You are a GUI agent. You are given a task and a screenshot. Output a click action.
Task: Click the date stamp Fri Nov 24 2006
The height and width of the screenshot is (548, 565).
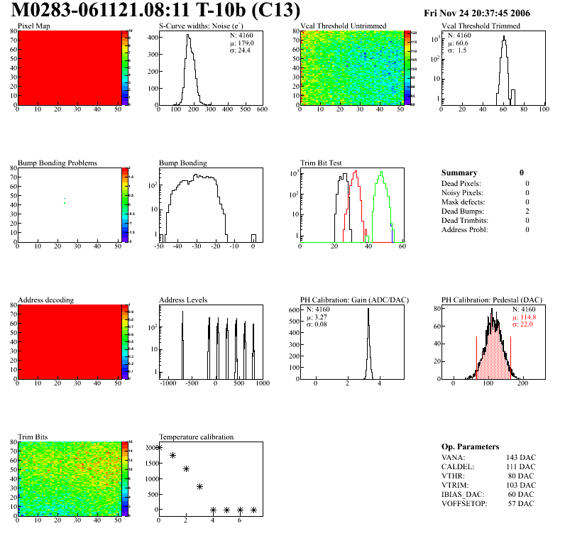click(476, 13)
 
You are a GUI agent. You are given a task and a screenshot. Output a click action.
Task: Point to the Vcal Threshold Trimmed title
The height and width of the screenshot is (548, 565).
click(481, 26)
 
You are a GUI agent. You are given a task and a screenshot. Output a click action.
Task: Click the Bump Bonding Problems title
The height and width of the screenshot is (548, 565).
click(57, 163)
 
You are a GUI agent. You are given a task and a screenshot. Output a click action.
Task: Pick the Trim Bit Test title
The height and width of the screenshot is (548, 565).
click(322, 163)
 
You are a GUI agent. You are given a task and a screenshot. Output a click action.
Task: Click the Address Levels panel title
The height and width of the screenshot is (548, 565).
click(183, 300)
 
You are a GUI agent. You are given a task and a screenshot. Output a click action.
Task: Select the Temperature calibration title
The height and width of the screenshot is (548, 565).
click(196, 437)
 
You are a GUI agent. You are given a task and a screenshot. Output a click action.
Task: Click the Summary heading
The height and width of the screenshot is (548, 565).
click(459, 172)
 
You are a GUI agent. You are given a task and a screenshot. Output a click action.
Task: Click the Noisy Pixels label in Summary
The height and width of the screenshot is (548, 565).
click(462, 192)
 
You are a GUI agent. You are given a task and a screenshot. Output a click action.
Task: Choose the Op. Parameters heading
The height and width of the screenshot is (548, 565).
click(470, 447)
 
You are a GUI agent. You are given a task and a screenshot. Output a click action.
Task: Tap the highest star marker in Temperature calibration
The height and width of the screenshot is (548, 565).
click(159, 447)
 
